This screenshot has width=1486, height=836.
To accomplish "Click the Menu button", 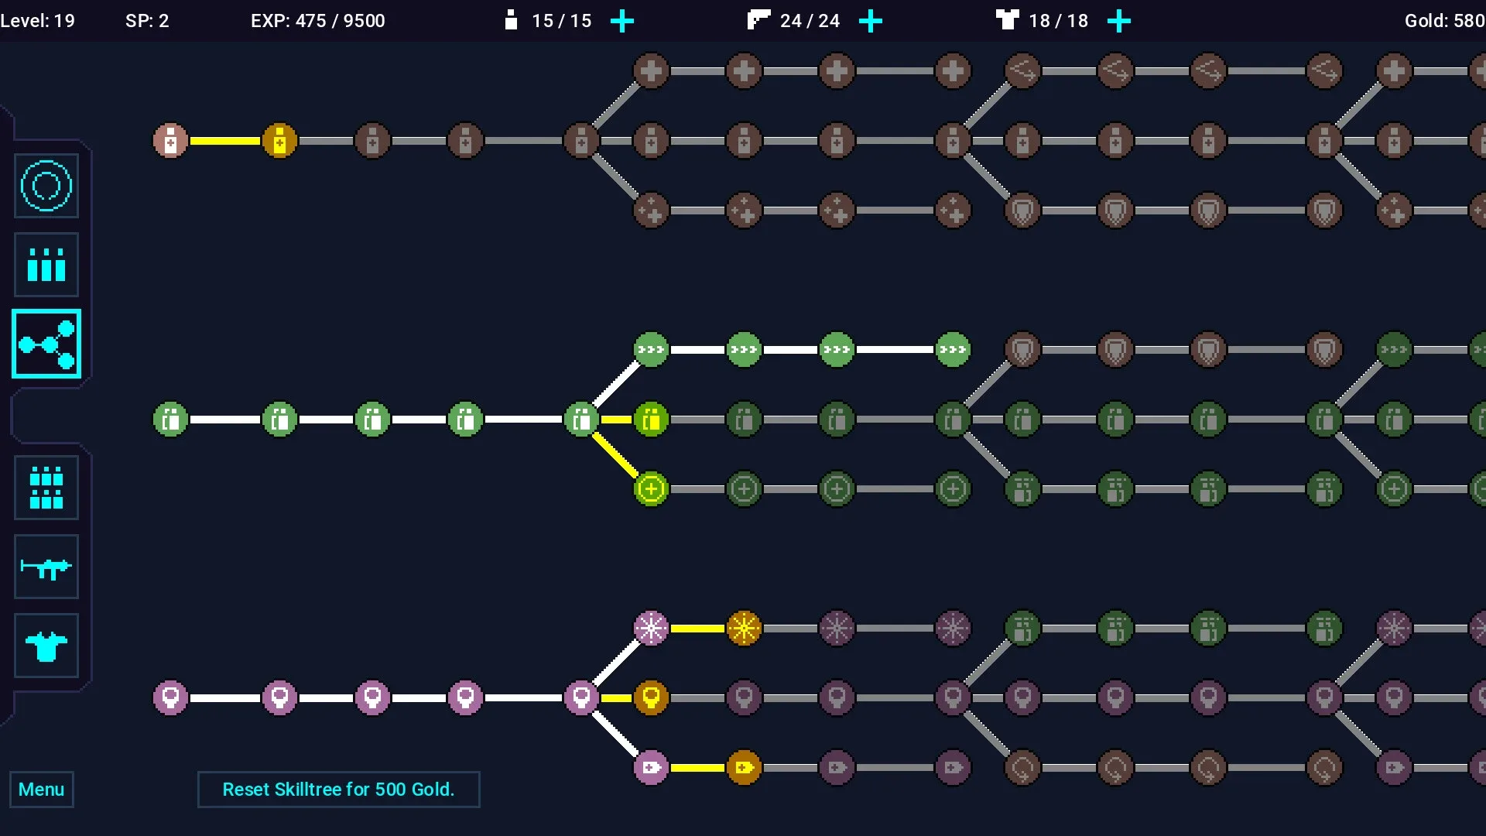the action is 42,790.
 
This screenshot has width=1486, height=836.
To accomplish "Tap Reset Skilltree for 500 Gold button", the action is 338,790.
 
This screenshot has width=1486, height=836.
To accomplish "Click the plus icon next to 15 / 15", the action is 622,21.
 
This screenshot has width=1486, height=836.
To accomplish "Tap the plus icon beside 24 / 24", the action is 871,21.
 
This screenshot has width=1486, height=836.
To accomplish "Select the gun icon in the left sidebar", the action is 46,567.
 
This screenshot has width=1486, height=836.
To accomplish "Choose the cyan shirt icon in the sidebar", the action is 46,646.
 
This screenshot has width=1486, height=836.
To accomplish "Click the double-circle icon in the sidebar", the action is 46,186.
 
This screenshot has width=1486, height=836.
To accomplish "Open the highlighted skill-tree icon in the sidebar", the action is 46,344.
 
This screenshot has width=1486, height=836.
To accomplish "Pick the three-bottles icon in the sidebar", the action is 46,265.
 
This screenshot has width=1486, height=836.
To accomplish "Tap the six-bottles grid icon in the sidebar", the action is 46,488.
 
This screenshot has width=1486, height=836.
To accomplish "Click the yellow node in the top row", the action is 279,141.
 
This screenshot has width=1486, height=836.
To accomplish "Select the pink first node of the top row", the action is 170,141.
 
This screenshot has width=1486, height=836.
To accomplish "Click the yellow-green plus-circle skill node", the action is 651,489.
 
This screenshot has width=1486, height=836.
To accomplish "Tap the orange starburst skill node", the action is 744,629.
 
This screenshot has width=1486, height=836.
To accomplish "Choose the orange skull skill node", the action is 651,698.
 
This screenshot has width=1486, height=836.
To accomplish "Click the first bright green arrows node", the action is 651,350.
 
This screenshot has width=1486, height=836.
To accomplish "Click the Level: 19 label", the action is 38,21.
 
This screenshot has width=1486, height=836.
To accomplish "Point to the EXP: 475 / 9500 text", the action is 318,21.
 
